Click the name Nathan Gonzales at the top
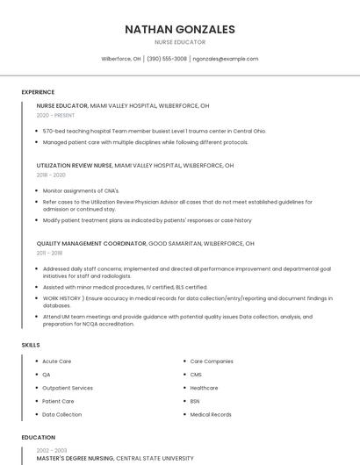pyautogui.click(x=180, y=29)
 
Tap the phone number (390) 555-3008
pyautogui.click(x=167, y=59)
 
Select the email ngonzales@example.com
pyautogui.click(x=226, y=59)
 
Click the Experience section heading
pyautogui.click(x=38, y=92)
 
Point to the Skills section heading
pyautogui.click(x=31, y=345)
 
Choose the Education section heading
pyautogui.click(x=39, y=437)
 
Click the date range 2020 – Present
pyautogui.click(x=56, y=115)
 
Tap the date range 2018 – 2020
pyautogui.click(x=51, y=175)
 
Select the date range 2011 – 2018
pyautogui.click(x=49, y=253)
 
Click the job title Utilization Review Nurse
pyautogui.click(x=75, y=165)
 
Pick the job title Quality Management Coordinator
pyautogui.click(x=91, y=243)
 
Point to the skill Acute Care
pyautogui.click(x=57, y=361)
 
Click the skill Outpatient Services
pyautogui.click(x=68, y=388)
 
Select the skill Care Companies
pyautogui.click(x=212, y=361)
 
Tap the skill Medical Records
pyautogui.click(x=211, y=414)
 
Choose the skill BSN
pyautogui.click(x=195, y=401)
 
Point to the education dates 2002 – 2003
pyautogui.click(x=51, y=450)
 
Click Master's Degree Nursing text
pyautogui.click(x=76, y=458)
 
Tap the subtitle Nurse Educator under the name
pyautogui.click(x=180, y=42)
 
